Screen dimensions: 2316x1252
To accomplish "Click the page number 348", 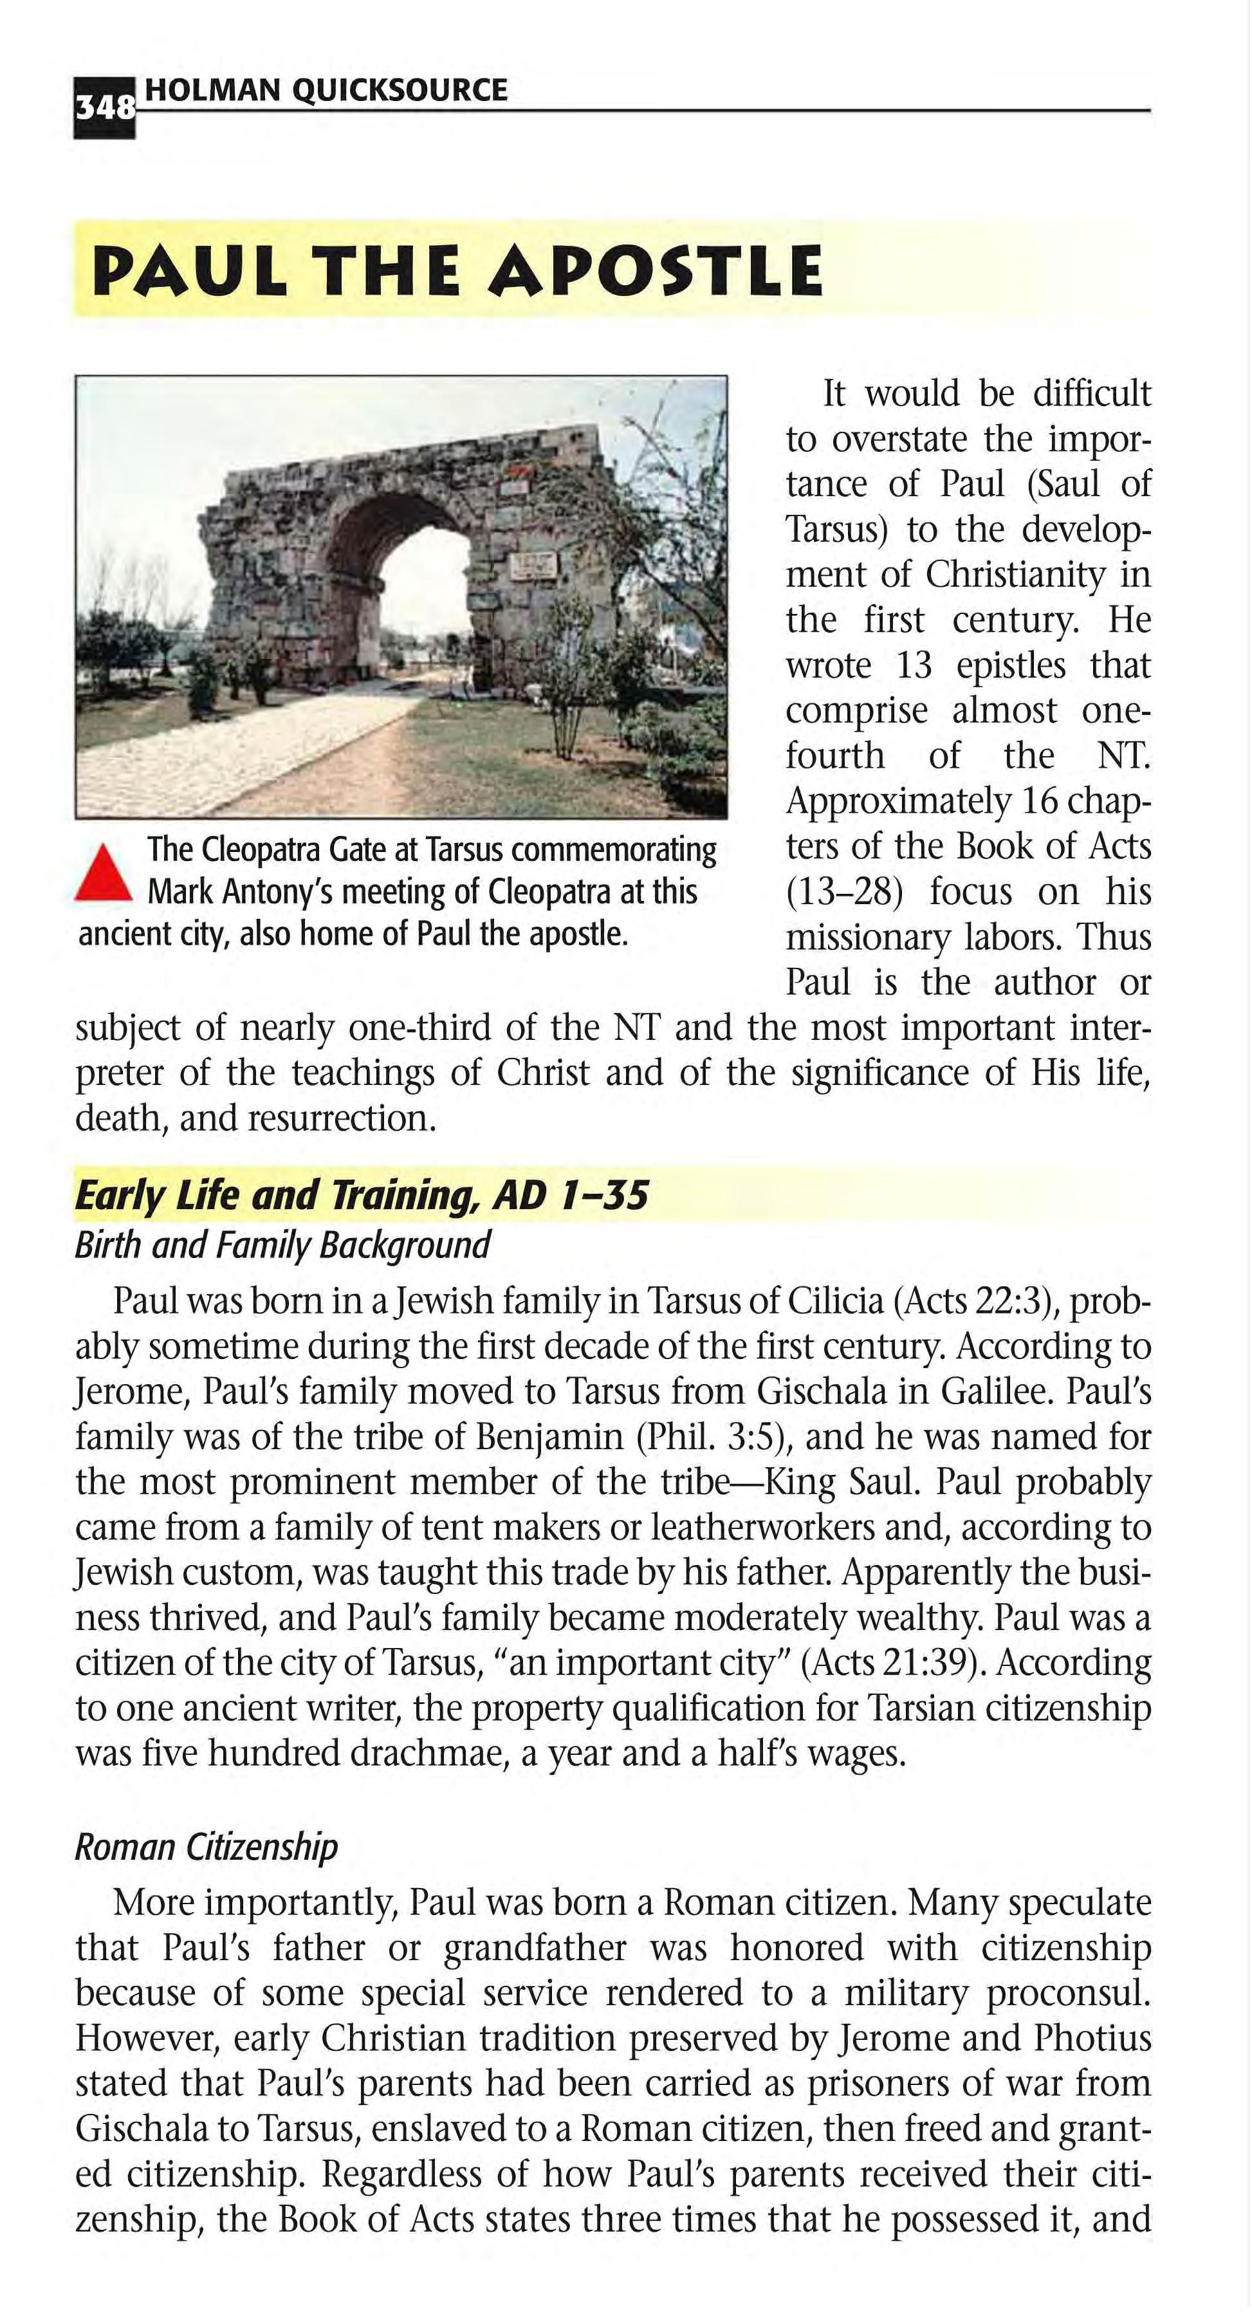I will click(x=104, y=109).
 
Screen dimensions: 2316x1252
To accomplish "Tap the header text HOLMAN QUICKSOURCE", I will click(x=326, y=90).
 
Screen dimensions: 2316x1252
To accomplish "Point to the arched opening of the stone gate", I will click(x=418, y=575).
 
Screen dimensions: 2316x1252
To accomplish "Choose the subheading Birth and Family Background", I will click(x=282, y=1245).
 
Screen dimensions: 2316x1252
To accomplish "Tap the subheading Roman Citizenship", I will click(x=206, y=1847).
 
